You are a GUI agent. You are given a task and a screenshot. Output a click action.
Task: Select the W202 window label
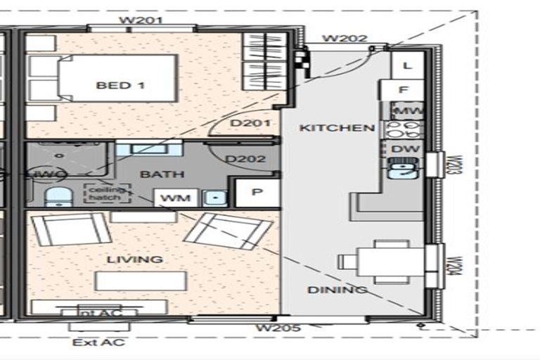344,38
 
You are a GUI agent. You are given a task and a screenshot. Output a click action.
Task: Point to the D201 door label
251,123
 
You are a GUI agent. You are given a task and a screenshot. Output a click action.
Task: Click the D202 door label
245,159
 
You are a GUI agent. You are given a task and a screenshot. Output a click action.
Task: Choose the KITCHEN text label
327,128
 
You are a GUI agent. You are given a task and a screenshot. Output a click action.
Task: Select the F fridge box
403,90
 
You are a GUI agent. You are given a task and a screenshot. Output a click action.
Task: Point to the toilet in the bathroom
56,198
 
